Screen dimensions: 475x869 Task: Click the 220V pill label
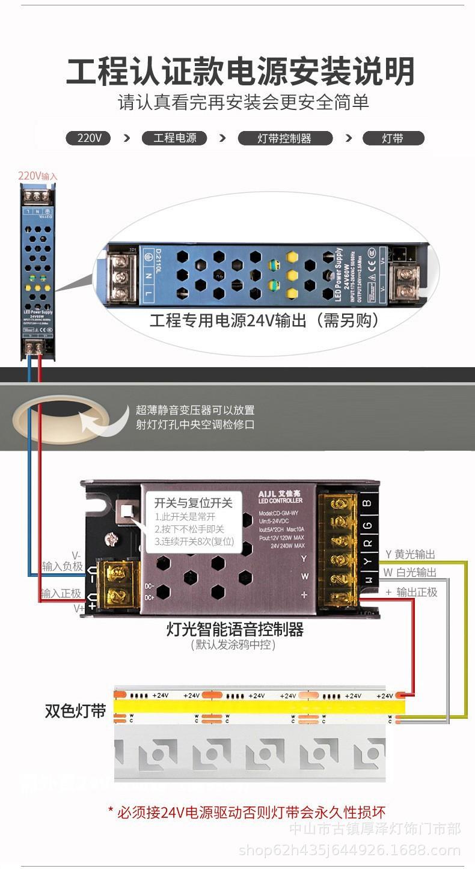(x=88, y=138)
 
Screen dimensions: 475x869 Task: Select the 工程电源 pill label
(x=174, y=138)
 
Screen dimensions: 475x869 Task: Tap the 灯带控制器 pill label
(x=285, y=138)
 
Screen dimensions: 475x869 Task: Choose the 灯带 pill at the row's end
(x=393, y=138)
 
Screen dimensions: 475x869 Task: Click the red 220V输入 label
(x=37, y=176)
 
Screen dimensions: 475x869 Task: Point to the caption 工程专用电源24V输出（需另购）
(x=265, y=320)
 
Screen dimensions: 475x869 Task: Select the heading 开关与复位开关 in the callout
(x=193, y=503)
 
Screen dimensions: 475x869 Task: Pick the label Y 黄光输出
(x=410, y=554)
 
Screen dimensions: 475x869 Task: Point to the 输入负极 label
(x=62, y=566)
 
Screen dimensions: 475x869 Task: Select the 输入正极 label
(x=61, y=594)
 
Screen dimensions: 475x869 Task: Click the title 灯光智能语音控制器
(x=234, y=629)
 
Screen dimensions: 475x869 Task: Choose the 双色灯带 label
(x=75, y=711)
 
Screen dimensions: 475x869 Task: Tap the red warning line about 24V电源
(x=247, y=812)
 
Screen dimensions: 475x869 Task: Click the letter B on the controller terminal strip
(x=367, y=503)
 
